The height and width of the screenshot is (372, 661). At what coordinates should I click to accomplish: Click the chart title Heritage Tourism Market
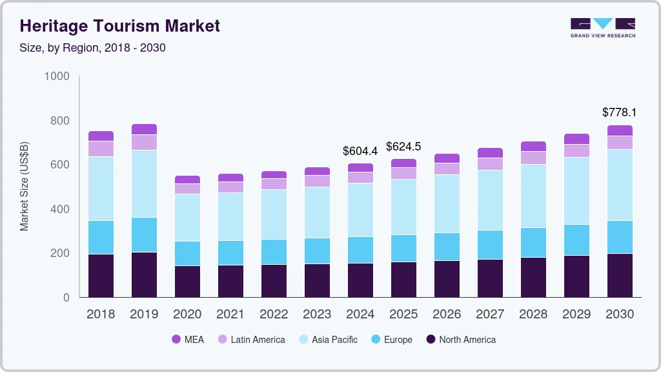(120, 26)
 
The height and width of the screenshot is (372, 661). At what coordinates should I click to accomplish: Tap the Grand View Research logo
(602, 27)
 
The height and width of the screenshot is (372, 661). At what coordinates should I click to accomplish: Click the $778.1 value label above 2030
(619, 112)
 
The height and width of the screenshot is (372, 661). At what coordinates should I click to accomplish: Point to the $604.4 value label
(360, 151)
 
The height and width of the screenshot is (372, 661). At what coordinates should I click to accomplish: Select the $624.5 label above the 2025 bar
(403, 147)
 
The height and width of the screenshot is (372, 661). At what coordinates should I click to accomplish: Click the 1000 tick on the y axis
(57, 76)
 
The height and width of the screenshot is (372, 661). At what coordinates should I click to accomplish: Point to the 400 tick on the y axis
(60, 209)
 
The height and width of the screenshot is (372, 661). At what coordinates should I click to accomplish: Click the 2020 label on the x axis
(187, 315)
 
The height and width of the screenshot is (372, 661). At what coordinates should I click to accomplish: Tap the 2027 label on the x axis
(490, 315)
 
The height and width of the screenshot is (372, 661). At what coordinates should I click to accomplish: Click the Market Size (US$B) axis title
(25, 187)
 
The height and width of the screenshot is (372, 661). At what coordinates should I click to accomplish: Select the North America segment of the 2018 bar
(101, 276)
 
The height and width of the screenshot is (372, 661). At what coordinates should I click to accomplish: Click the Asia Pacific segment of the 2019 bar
(144, 184)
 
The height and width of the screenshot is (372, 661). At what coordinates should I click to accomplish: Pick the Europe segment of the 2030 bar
(620, 237)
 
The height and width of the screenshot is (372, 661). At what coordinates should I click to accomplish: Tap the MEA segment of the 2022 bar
(274, 175)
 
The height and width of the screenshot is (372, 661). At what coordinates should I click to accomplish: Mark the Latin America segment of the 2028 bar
(533, 158)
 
